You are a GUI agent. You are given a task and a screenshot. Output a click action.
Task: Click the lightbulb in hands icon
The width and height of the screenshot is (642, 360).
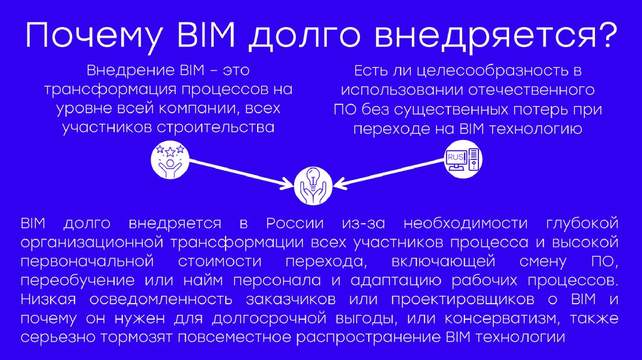(x=312, y=184)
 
